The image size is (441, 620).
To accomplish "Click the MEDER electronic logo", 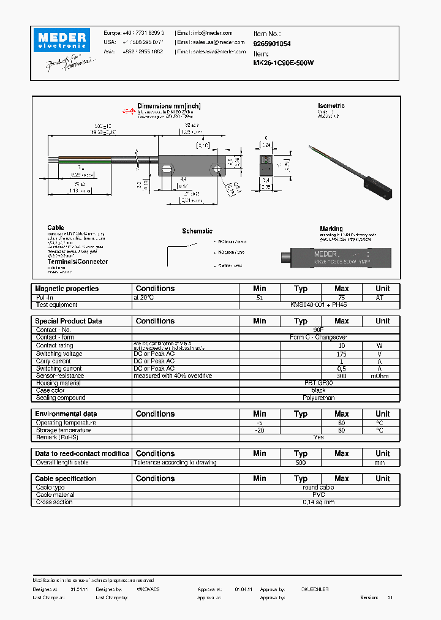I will [x=61, y=42].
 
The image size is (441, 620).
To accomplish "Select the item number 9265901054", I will [x=272, y=44].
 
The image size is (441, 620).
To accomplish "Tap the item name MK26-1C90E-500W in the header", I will [x=284, y=62].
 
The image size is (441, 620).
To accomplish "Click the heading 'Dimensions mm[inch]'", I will [x=168, y=106].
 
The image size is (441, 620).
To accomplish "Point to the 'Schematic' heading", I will [x=197, y=231].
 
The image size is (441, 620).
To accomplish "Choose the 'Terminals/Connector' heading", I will [x=78, y=262].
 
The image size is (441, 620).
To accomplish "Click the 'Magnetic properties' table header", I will [x=67, y=289].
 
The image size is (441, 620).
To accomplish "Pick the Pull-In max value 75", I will [x=341, y=297].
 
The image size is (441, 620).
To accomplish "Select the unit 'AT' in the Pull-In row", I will [x=382, y=297].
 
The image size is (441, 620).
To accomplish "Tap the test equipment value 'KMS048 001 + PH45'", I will [x=318, y=304].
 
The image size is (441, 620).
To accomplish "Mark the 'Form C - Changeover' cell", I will [x=318, y=338].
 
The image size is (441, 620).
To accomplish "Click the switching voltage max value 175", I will [x=341, y=353].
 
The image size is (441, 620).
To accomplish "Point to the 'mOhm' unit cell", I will [x=382, y=376].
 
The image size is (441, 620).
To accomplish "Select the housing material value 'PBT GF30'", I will [x=318, y=383].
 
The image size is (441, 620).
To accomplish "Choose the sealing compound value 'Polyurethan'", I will [x=318, y=398].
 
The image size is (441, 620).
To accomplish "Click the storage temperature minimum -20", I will [x=260, y=430].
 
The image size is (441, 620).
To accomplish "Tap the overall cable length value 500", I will [x=300, y=463].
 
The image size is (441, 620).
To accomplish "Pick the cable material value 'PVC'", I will [x=318, y=495].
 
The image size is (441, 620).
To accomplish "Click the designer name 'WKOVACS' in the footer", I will [x=148, y=589].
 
